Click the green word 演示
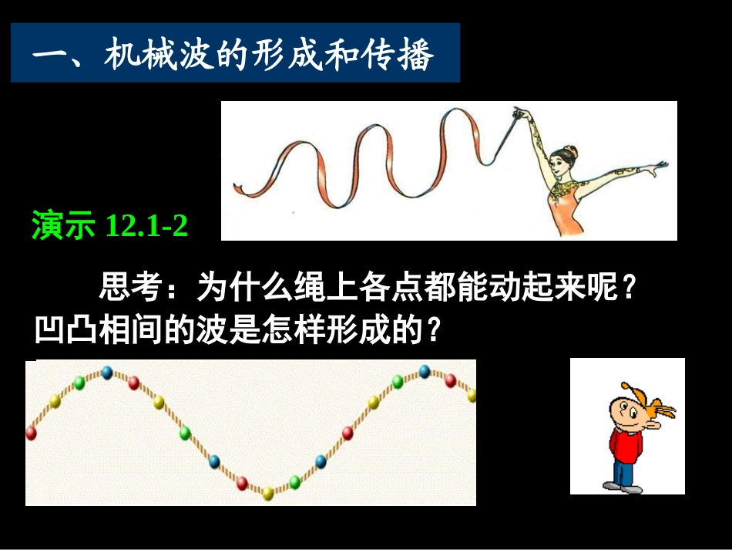63,226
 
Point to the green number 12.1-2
146,226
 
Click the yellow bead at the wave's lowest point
267,493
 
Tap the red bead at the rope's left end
32,433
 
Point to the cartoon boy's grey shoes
621,487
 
